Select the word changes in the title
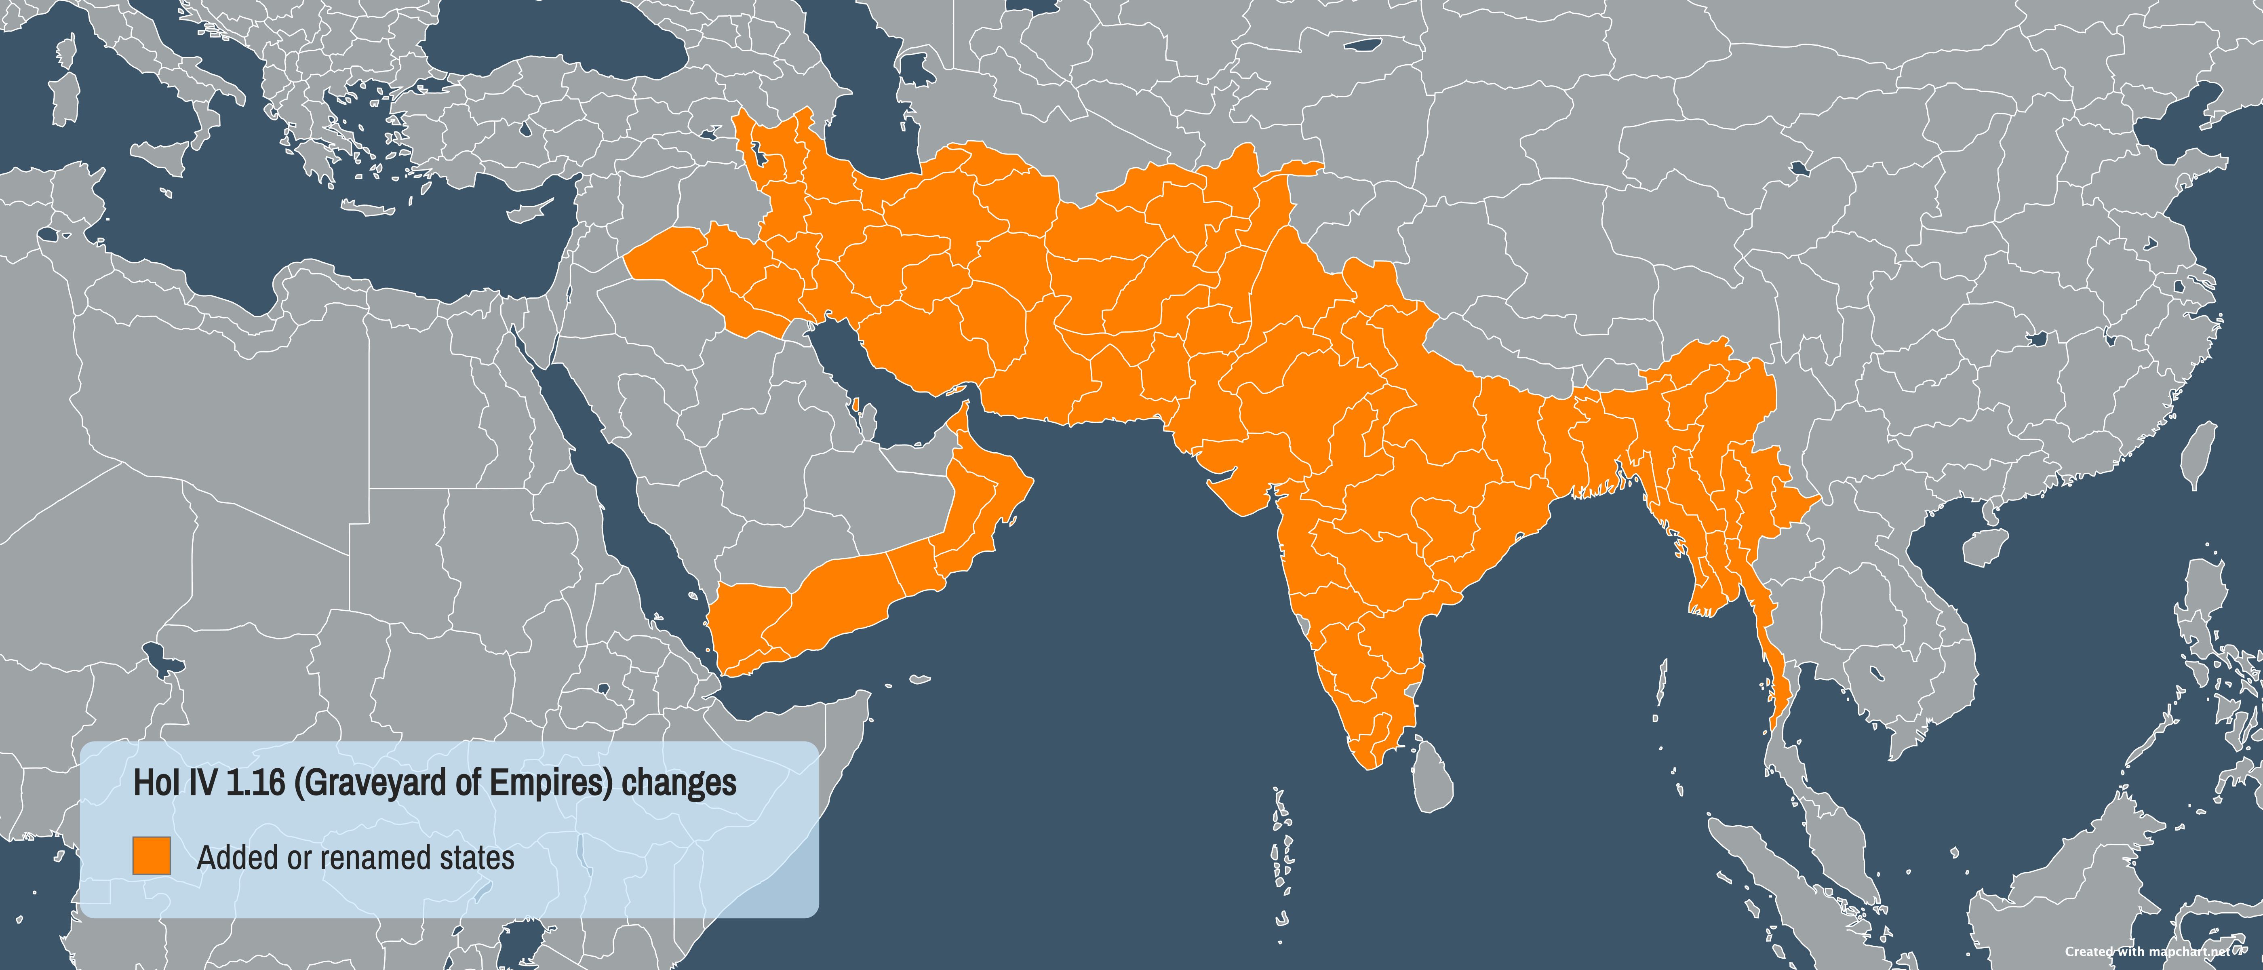678,783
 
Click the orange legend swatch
151,856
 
